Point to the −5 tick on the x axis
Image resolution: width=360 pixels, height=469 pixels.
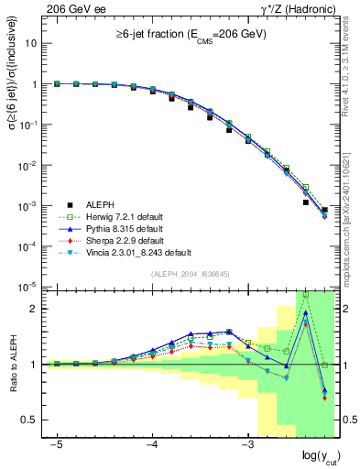tap(57, 442)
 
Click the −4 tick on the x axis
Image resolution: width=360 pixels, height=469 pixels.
tap(151, 442)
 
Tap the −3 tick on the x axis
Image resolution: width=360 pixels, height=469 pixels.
tap(246, 442)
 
